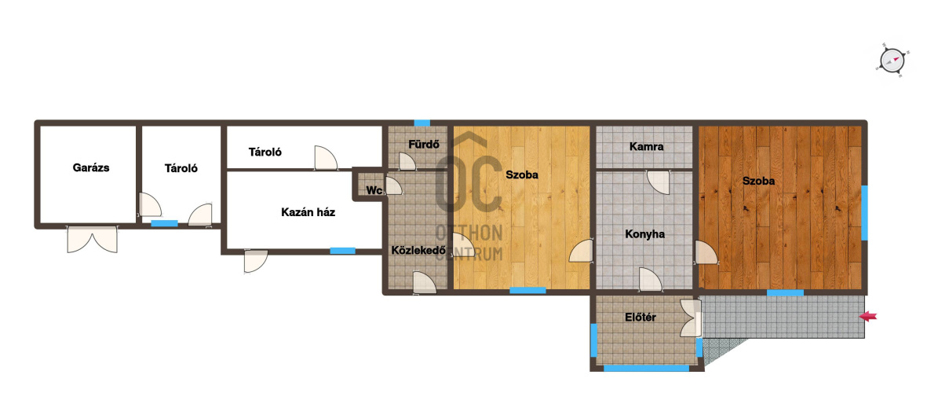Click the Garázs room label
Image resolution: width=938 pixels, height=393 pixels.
[91, 167]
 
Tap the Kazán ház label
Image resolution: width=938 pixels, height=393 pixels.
[308, 212]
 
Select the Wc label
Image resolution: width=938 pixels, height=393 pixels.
[374, 190]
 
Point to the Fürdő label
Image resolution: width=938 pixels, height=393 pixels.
[424, 145]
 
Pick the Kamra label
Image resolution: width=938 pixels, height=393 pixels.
[647, 147]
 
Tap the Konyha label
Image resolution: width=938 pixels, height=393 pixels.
[645, 234]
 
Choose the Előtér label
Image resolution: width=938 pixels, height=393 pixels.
[640, 318]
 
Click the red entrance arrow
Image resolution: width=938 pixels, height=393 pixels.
[868, 316]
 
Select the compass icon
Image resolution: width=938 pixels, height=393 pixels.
[892, 60]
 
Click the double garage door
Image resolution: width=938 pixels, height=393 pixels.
[92, 239]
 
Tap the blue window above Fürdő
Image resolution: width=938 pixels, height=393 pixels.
[422, 123]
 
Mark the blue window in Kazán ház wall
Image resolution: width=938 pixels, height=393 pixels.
[342, 251]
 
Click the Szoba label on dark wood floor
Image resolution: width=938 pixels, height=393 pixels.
[759, 180]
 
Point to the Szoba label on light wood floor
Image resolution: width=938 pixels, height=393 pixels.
[522, 175]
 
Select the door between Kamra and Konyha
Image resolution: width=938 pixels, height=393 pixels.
[659, 182]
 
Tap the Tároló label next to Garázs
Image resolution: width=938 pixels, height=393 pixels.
[181, 168]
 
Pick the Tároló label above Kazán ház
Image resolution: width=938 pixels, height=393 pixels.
[265, 152]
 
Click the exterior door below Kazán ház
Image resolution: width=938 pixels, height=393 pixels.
[255, 262]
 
